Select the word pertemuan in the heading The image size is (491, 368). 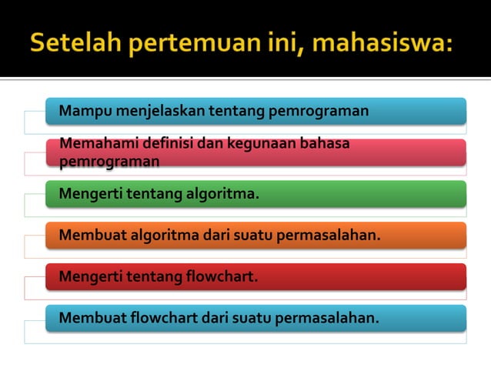[x=184, y=42]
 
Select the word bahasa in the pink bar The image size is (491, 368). [x=325, y=143]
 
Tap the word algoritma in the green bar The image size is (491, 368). [x=221, y=193]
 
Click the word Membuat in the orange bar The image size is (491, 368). [x=89, y=235]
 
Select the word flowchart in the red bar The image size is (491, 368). [x=221, y=276]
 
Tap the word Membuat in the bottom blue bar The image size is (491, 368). [x=89, y=317]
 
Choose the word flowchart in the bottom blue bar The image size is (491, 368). [x=163, y=317]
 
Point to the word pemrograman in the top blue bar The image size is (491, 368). [x=318, y=111]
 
